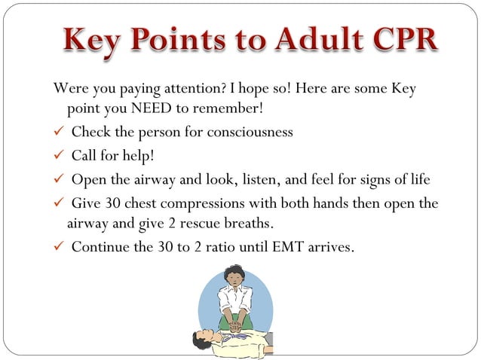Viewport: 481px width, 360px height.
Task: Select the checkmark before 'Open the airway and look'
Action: coord(59,180)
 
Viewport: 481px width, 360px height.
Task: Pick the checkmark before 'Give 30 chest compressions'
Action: coord(59,204)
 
